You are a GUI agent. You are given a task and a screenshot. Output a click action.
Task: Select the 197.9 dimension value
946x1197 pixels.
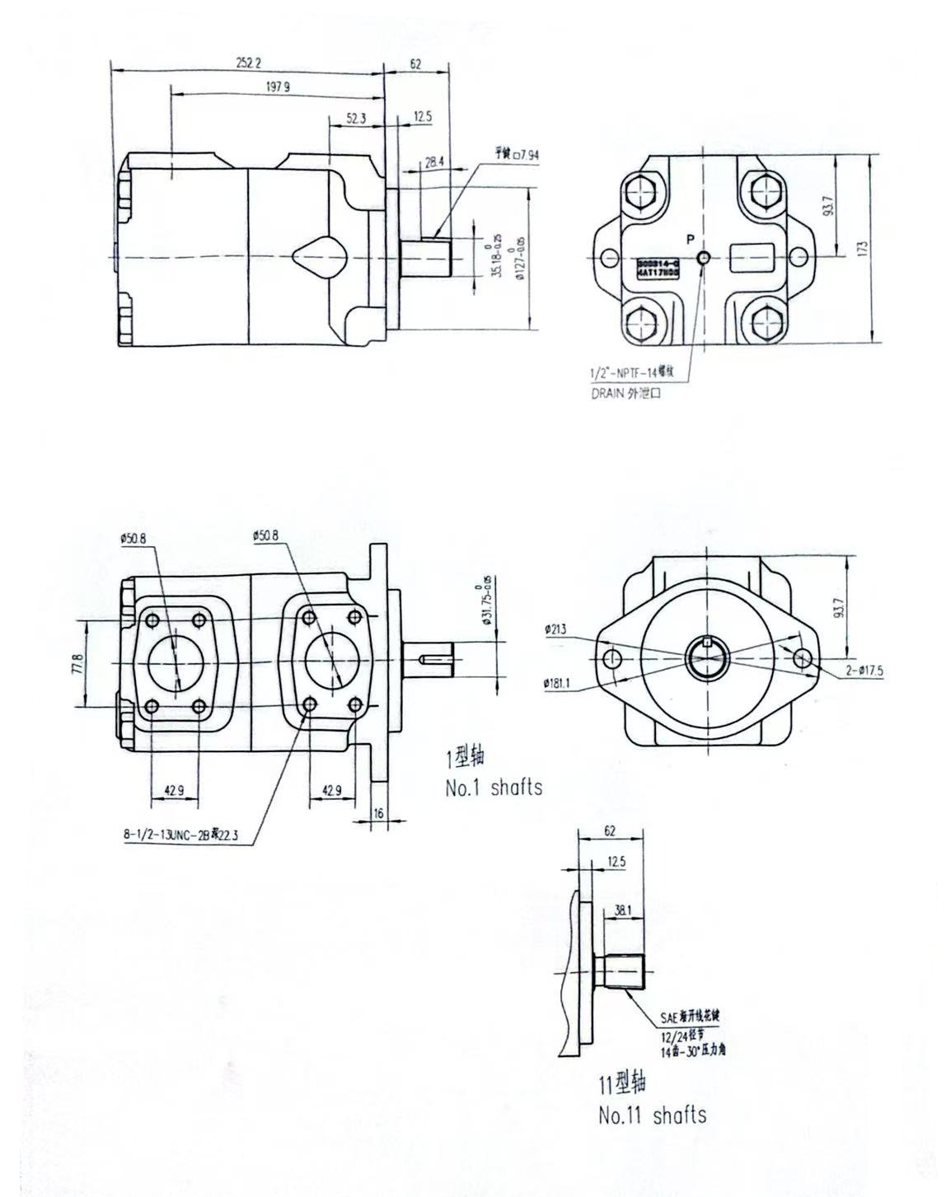pos(278,87)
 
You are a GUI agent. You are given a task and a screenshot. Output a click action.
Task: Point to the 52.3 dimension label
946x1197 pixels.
pos(356,118)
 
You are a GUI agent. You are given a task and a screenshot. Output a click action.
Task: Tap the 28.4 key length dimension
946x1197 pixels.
pos(434,162)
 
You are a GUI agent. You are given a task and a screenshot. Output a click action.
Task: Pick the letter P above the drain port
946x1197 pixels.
pos(690,240)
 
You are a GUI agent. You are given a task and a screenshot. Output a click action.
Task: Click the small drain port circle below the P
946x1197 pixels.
pos(703,258)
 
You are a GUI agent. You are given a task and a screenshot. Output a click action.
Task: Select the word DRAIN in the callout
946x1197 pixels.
pos(608,393)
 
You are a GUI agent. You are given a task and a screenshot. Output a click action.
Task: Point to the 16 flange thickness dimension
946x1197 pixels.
pos(378,812)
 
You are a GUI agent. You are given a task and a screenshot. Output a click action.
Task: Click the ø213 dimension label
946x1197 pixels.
pos(555,630)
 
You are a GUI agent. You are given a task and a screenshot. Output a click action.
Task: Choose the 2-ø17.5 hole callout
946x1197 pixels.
pos(864,671)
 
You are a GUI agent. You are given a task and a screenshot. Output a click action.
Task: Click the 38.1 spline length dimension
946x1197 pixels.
pos(622,911)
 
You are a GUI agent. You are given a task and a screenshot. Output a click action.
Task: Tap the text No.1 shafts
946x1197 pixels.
pos(494,788)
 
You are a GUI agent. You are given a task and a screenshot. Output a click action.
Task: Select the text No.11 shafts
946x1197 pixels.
pos(652,1115)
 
